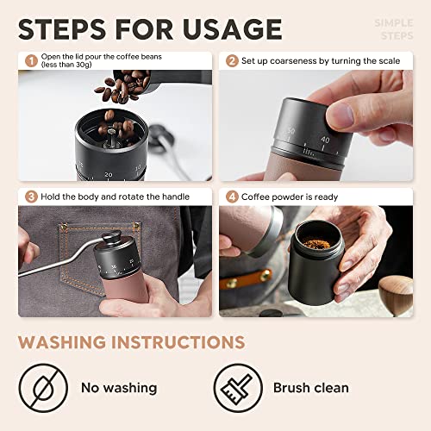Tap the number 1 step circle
pyautogui.click(x=31, y=61)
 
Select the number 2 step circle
pyautogui.click(x=231, y=61)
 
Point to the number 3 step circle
pyautogui.click(x=31, y=196)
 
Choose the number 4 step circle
pyautogui.click(x=231, y=196)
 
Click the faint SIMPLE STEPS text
pyautogui.click(x=395, y=29)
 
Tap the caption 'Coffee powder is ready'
pyautogui.click(x=293, y=196)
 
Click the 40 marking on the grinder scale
pyautogui.click(x=325, y=139)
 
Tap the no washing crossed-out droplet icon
pyautogui.click(x=43, y=387)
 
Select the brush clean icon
pyautogui.click(x=238, y=387)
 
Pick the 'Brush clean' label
pyautogui.click(x=310, y=387)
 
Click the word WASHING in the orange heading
pyautogui.click(x=72, y=341)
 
